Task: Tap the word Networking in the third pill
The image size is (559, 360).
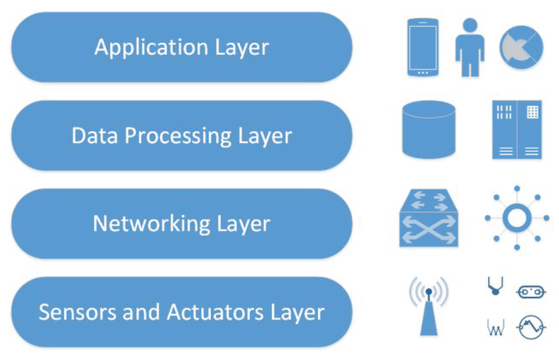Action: [151, 224]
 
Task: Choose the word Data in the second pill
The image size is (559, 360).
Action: [94, 136]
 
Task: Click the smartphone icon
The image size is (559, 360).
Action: [423, 47]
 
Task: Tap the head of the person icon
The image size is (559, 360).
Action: [470, 25]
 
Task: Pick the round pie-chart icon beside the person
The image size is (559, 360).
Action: [521, 47]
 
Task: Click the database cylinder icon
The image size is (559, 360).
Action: [429, 130]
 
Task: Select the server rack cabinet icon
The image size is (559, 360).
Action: [517, 130]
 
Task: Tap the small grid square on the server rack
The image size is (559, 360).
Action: [532, 112]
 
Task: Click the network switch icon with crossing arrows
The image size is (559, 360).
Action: [429, 218]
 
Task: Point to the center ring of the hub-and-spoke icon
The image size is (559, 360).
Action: [517, 218]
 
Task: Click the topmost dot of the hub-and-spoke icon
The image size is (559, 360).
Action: [517, 189]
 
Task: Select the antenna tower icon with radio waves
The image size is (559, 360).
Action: [429, 308]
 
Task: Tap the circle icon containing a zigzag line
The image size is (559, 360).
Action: [531, 327]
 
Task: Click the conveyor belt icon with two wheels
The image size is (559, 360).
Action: [531, 292]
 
